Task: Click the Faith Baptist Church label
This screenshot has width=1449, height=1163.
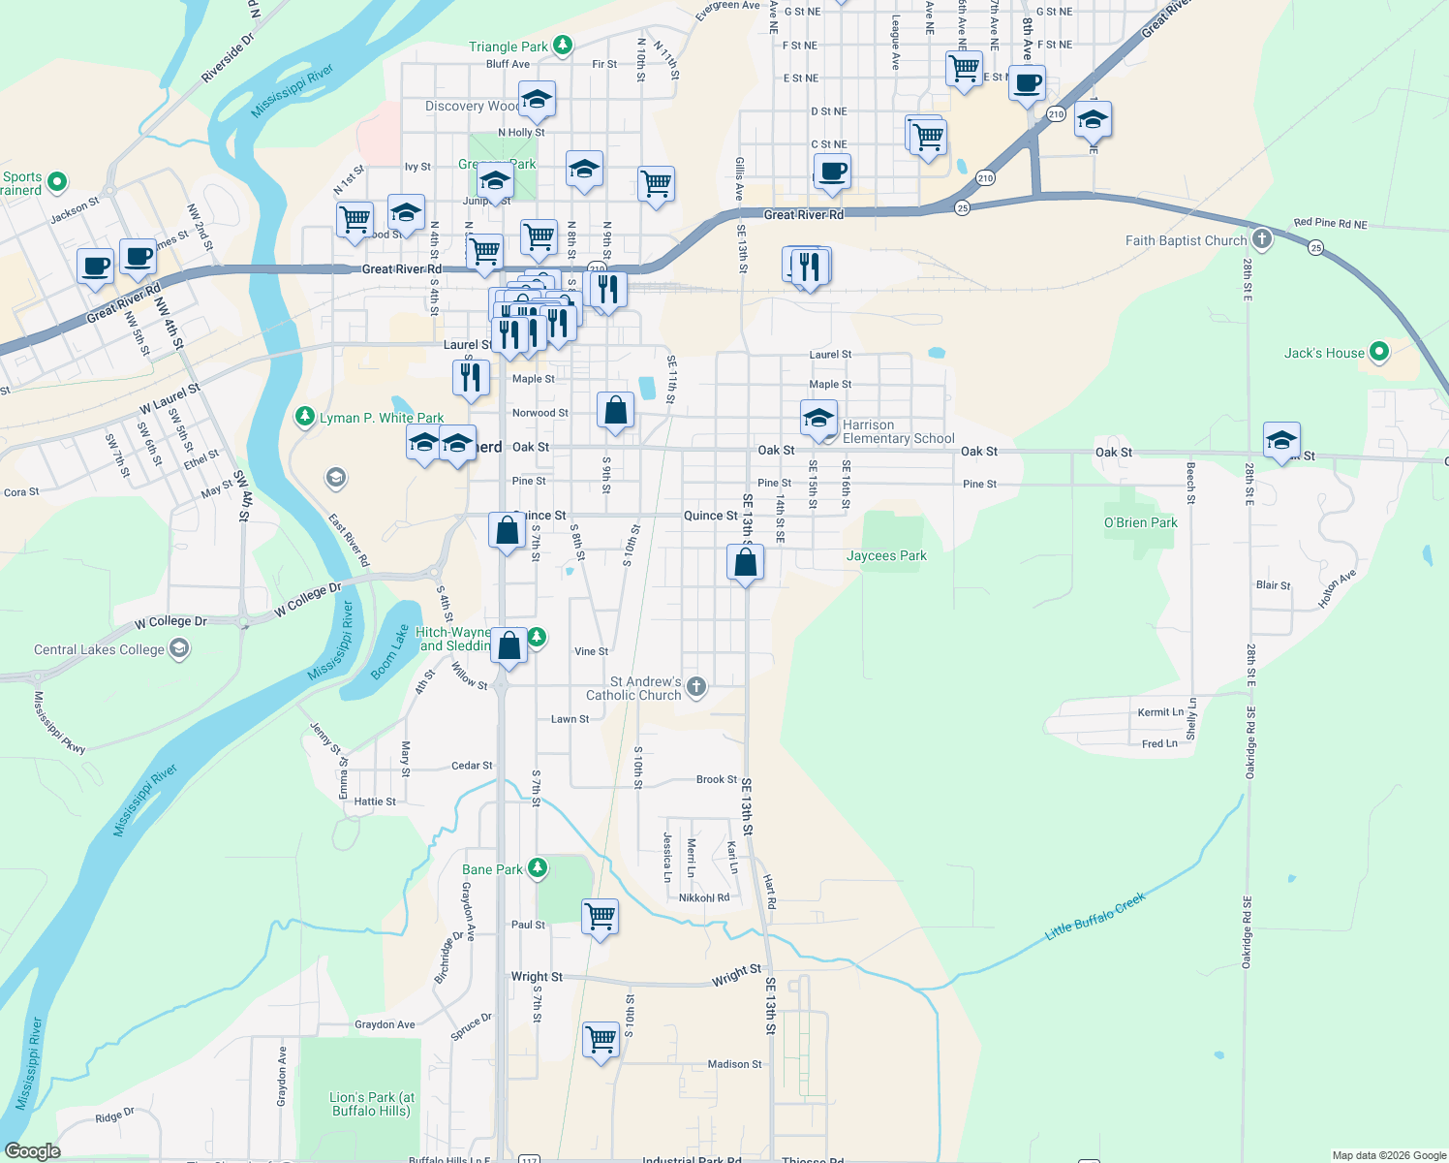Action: (x=1186, y=240)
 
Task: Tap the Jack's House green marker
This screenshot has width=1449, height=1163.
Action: (x=1379, y=352)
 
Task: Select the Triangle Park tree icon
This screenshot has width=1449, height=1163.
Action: (x=562, y=46)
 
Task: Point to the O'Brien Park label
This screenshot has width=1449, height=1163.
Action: (x=1141, y=522)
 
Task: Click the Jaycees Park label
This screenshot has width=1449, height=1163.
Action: (x=886, y=555)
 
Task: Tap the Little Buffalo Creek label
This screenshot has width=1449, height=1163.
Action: (x=1094, y=917)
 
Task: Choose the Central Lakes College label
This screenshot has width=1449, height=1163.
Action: (x=99, y=649)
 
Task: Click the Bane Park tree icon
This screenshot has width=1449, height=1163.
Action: (x=538, y=868)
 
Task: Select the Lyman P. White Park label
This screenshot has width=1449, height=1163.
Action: (x=382, y=418)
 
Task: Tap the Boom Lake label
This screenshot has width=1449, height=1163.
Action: (x=390, y=652)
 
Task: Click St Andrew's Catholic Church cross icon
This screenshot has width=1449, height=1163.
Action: (x=695, y=687)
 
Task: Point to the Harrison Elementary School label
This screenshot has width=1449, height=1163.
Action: (x=898, y=431)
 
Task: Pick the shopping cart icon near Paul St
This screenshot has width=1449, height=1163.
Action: (x=601, y=916)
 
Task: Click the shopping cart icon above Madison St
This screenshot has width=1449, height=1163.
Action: (x=601, y=1039)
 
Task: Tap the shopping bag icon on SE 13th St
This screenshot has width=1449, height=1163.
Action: (x=746, y=563)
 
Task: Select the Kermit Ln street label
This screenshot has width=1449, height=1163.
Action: (x=1160, y=712)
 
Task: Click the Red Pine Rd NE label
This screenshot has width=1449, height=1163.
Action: (x=1330, y=223)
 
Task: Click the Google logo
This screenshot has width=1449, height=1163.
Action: (x=32, y=1151)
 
